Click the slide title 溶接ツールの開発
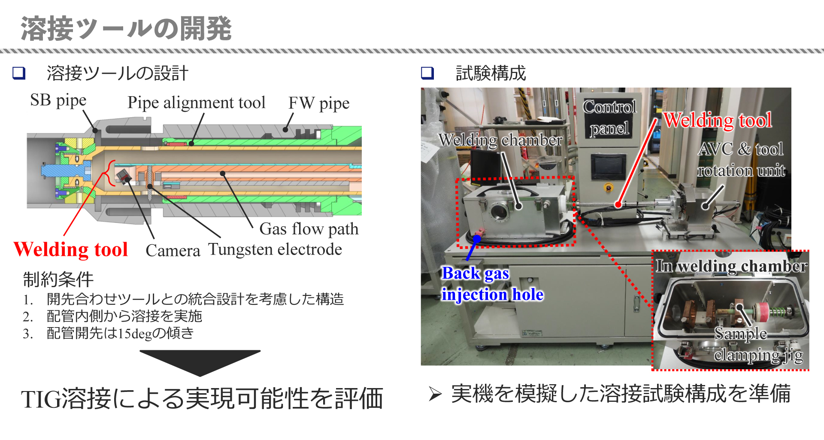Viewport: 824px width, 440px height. (x=126, y=29)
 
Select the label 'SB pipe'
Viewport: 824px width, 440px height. (x=58, y=100)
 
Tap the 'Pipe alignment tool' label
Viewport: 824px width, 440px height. (x=197, y=103)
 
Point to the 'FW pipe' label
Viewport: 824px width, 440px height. (x=319, y=103)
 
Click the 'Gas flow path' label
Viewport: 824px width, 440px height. (x=309, y=229)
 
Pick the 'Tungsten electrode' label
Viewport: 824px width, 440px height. (x=275, y=249)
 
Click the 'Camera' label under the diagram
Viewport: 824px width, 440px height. (x=173, y=251)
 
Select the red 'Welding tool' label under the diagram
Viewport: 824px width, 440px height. (x=71, y=249)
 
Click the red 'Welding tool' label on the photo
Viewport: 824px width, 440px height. (x=718, y=120)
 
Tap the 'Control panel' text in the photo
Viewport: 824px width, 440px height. (x=609, y=117)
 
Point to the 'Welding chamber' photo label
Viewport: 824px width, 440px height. (x=500, y=140)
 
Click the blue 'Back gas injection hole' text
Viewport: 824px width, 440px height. (x=492, y=284)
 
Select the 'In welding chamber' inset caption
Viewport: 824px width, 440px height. (x=731, y=266)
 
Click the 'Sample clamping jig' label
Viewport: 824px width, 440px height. (x=758, y=344)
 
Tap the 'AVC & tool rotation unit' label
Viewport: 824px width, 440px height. (x=741, y=160)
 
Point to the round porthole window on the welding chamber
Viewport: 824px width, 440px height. (x=499, y=211)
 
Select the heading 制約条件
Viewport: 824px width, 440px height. (x=58, y=279)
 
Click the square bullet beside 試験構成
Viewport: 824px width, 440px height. (x=427, y=73)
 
